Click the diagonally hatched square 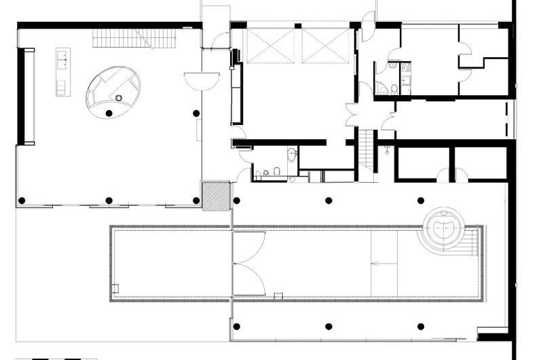click(217, 195)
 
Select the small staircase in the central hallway click(367, 150)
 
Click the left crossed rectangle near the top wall click(271, 46)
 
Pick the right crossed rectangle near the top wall click(325, 46)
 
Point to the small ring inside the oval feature click(119, 98)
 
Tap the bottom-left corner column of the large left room click(22, 200)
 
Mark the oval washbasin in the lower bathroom click(293, 154)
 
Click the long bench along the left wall click(29, 96)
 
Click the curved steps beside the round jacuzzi click(471, 240)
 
